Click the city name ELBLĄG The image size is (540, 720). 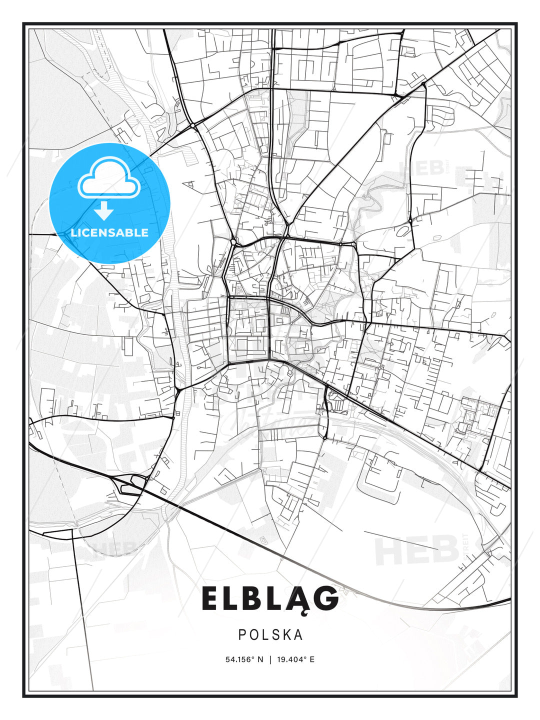tap(270, 598)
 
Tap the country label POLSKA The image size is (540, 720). tap(270, 634)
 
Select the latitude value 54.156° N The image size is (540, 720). tap(244, 659)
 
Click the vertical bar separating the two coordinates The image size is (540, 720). tap(270, 659)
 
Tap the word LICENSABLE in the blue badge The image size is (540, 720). tap(109, 232)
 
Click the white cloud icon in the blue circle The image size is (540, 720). tap(108, 177)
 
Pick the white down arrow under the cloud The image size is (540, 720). tap(104, 211)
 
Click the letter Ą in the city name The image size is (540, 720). tap(296, 599)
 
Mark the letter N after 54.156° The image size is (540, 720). tap(260, 659)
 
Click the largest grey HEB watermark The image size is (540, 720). tap(417, 550)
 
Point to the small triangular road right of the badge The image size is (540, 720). tap(188, 185)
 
